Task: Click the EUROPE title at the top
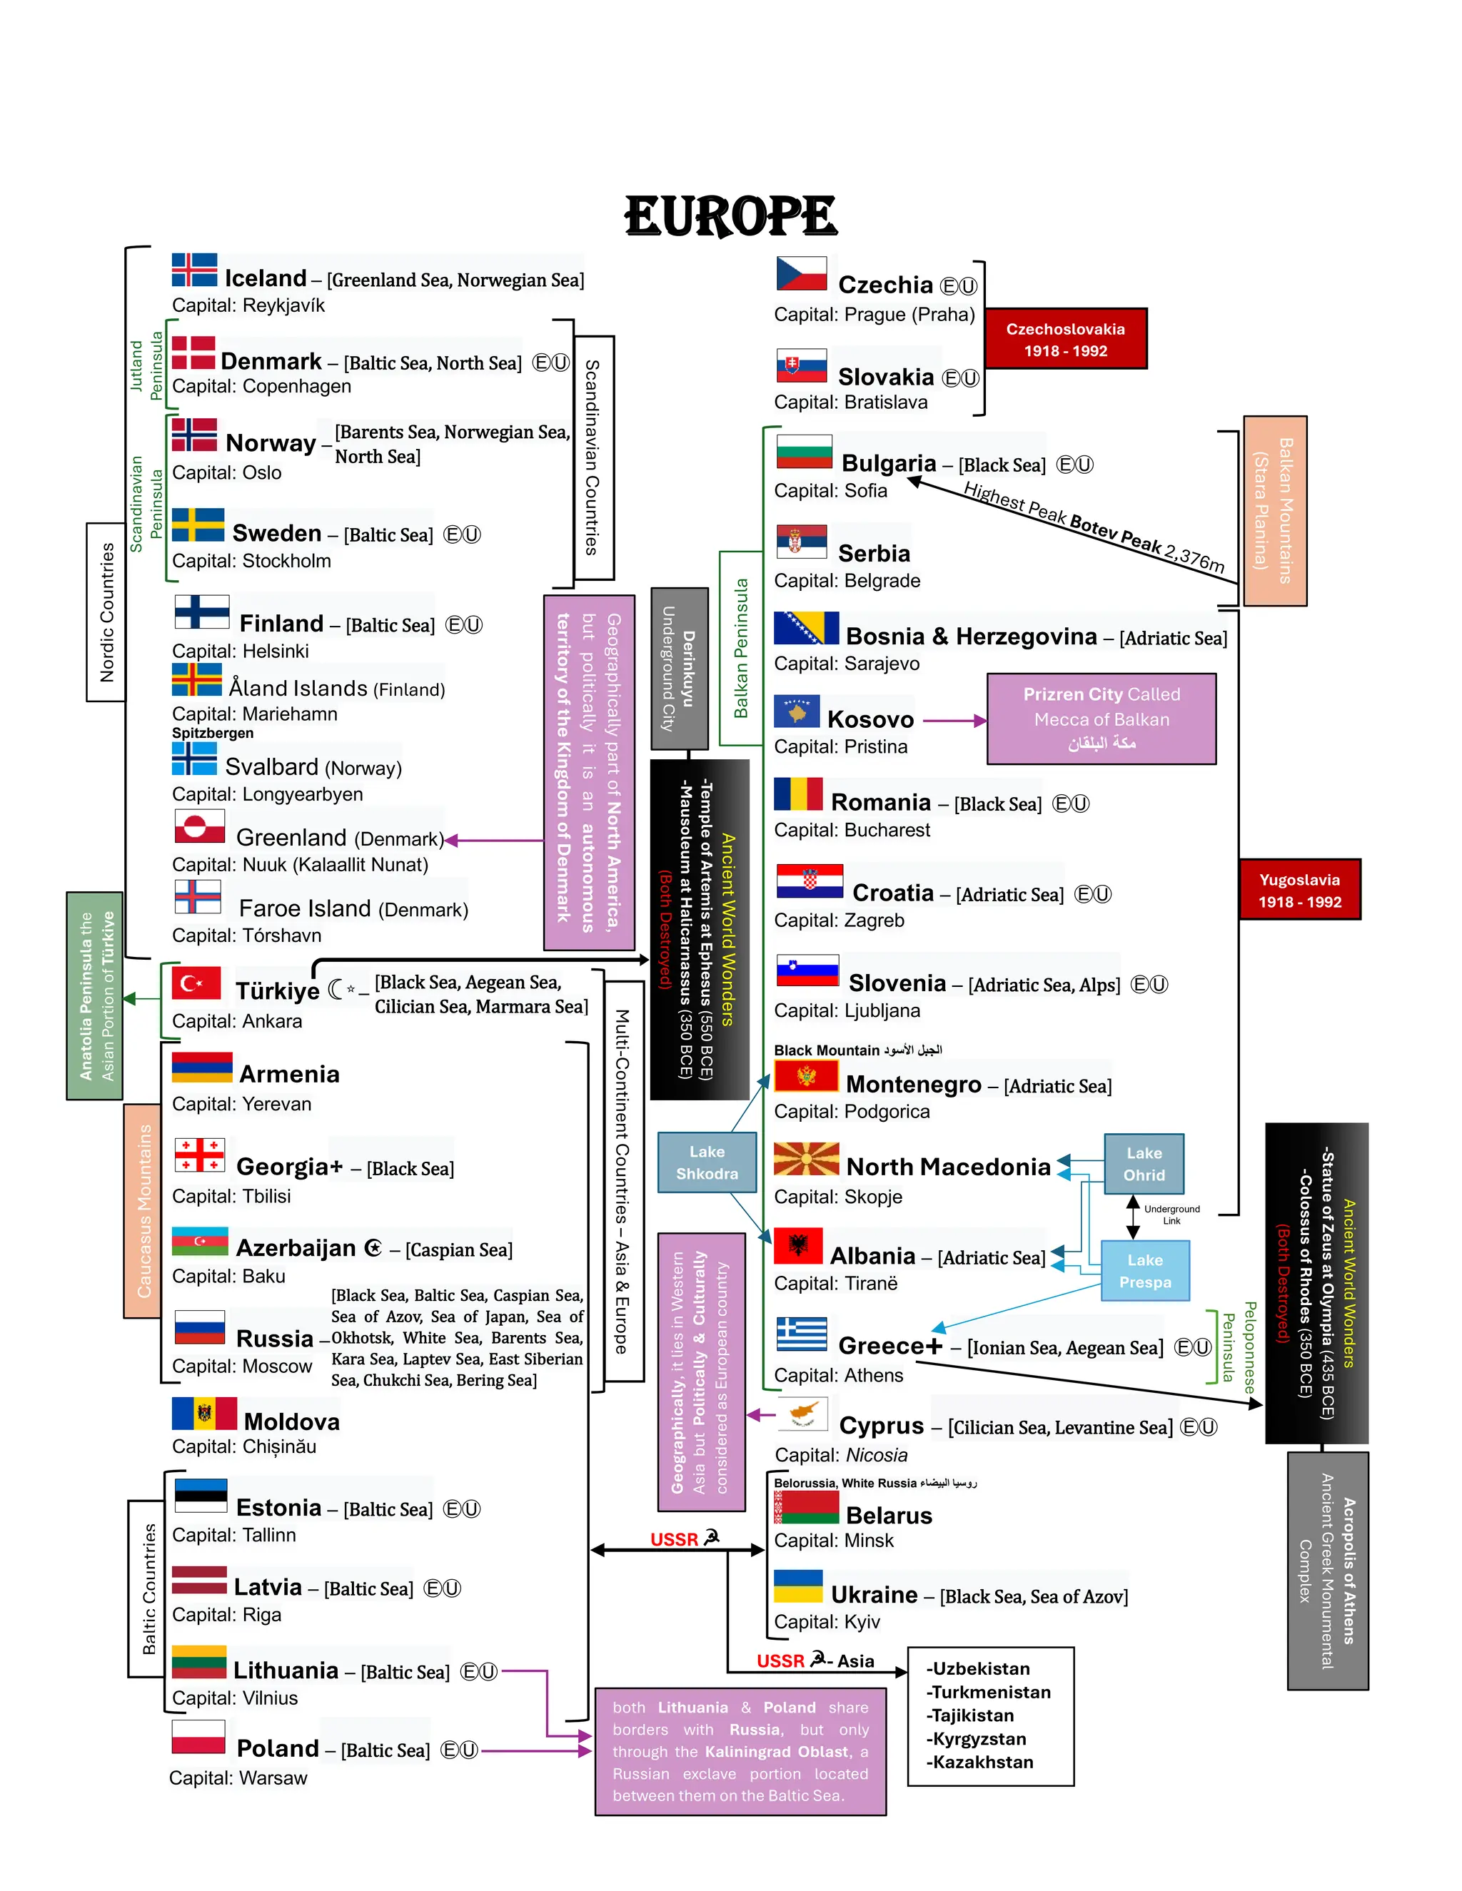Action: tap(730, 216)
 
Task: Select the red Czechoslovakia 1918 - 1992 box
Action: tap(1064, 338)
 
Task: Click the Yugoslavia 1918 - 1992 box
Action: tap(1299, 889)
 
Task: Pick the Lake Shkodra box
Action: tap(707, 1162)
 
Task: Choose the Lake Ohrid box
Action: tap(1144, 1163)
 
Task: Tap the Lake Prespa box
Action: tap(1144, 1270)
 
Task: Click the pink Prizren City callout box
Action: tap(1101, 718)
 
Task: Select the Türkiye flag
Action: tap(196, 983)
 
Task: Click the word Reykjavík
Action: tap(284, 305)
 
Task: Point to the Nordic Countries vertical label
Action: tap(106, 612)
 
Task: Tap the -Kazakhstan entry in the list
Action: tap(979, 1762)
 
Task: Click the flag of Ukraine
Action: tap(797, 1587)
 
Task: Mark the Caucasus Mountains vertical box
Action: tap(143, 1210)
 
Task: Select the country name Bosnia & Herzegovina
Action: tap(971, 637)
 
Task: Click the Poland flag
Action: tap(198, 1737)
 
